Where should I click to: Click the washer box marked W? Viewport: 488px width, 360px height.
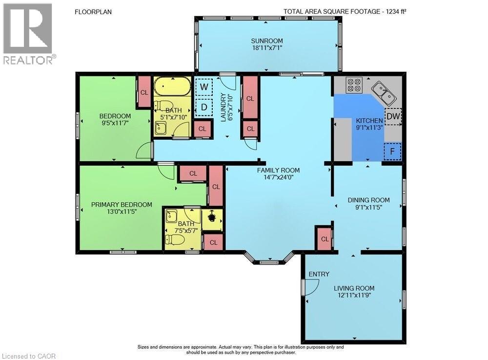click(204, 86)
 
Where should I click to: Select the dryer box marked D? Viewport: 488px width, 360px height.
click(204, 107)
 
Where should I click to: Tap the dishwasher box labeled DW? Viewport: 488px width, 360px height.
click(393, 116)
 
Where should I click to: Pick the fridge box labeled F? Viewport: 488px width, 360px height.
click(392, 151)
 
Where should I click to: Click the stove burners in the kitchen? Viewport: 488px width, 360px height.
click(355, 85)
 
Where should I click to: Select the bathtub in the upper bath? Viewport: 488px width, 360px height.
click(172, 86)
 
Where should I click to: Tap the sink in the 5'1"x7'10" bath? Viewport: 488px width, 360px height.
click(161, 128)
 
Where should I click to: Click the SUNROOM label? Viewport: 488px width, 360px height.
click(267, 41)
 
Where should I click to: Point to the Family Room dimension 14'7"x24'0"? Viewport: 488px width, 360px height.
click(278, 177)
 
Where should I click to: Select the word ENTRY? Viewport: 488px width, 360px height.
click(319, 274)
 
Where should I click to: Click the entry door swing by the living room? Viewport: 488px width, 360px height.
click(311, 287)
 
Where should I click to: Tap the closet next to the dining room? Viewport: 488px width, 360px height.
click(325, 238)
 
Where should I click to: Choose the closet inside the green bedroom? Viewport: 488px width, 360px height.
click(144, 92)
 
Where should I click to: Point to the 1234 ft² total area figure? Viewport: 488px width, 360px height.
click(396, 12)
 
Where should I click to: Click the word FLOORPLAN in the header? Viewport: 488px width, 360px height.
click(93, 12)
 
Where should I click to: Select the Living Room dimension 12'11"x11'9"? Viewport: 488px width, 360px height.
click(354, 295)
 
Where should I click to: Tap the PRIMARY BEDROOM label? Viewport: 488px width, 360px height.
click(122, 205)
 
